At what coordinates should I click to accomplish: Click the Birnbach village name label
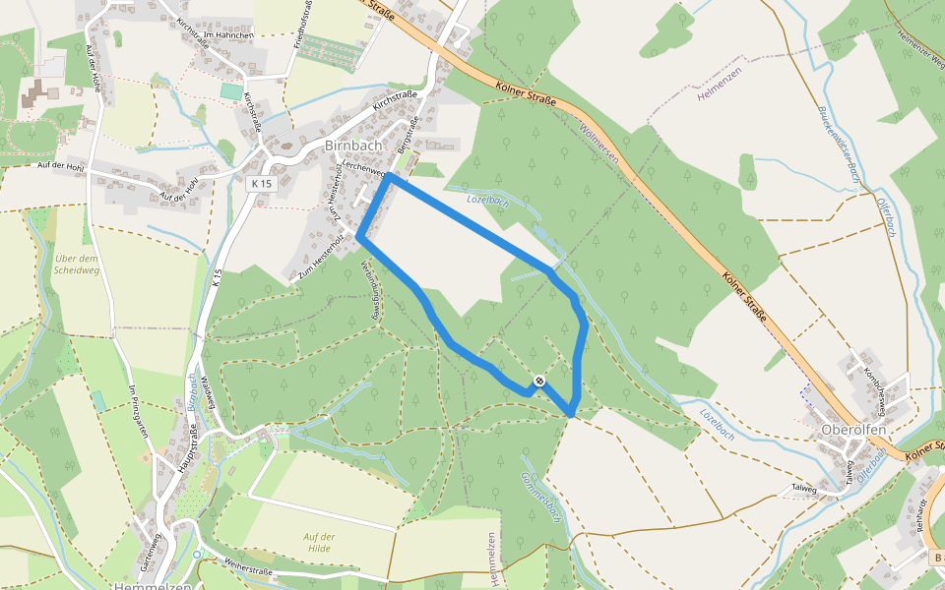353,145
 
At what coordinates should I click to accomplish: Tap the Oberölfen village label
854,429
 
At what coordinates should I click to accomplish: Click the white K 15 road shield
261,184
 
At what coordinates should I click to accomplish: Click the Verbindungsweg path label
369,291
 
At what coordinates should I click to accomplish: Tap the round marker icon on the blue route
539,381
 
